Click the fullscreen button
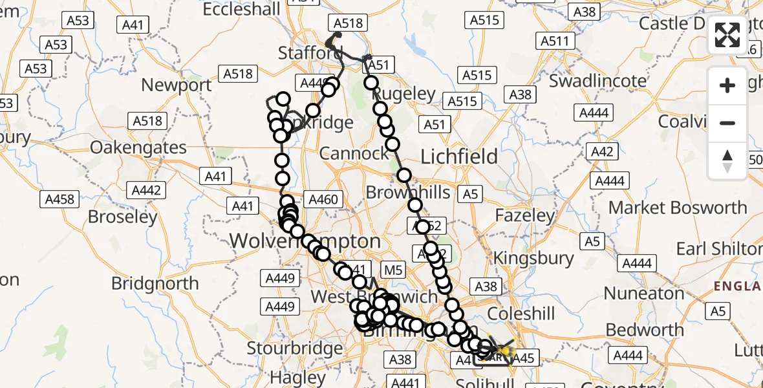tap(727, 34)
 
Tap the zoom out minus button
tap(727, 123)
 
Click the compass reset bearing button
tap(727, 160)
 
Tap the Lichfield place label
tap(459, 156)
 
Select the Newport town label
tap(177, 85)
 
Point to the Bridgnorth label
tap(155, 283)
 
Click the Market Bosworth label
tap(678, 208)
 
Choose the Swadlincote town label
tap(597, 81)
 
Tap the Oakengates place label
tap(138, 147)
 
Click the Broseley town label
tap(123, 216)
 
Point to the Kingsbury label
tap(533, 258)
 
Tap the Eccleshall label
tap(242, 9)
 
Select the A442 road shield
tap(146, 190)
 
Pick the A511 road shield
tap(554, 41)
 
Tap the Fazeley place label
tap(524, 215)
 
